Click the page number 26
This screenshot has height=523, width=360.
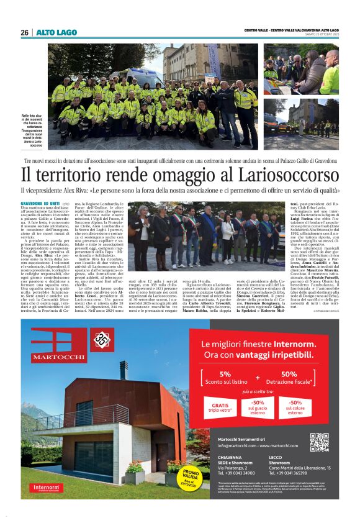[24, 32]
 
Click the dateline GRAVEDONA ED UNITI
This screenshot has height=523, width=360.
[40, 204]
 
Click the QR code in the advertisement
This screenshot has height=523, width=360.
[319, 442]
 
